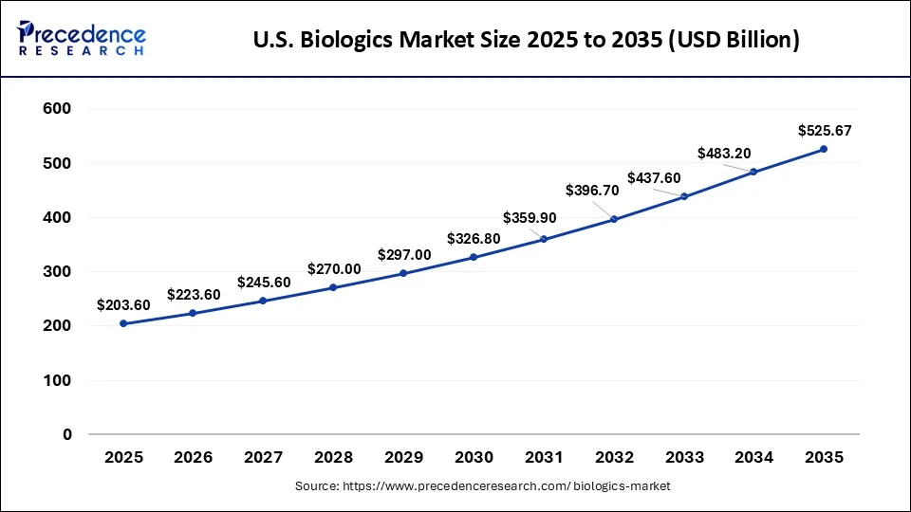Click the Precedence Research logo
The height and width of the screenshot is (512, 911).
[x=82, y=39]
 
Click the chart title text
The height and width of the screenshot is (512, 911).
[x=528, y=40]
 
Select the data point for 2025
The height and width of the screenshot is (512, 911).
[x=123, y=323]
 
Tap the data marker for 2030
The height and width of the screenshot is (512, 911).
[x=474, y=257]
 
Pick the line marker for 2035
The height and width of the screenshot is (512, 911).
[x=824, y=149]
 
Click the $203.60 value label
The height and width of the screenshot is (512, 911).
[x=123, y=304]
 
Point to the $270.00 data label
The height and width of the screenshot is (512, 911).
[x=334, y=269]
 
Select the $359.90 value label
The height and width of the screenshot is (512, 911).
[x=530, y=217]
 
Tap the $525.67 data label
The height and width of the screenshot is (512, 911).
[x=824, y=130]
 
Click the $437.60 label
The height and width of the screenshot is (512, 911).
[x=654, y=177]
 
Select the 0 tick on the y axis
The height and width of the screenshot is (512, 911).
[x=66, y=435]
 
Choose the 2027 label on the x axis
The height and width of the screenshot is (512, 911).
[x=263, y=458]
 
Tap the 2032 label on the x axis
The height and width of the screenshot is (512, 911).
[x=613, y=458]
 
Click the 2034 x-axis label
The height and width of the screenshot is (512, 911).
[x=753, y=458]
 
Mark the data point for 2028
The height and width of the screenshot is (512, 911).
[x=333, y=287]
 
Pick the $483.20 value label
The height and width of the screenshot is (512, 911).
[x=724, y=153]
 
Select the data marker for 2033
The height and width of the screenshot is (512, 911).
[x=683, y=196]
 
